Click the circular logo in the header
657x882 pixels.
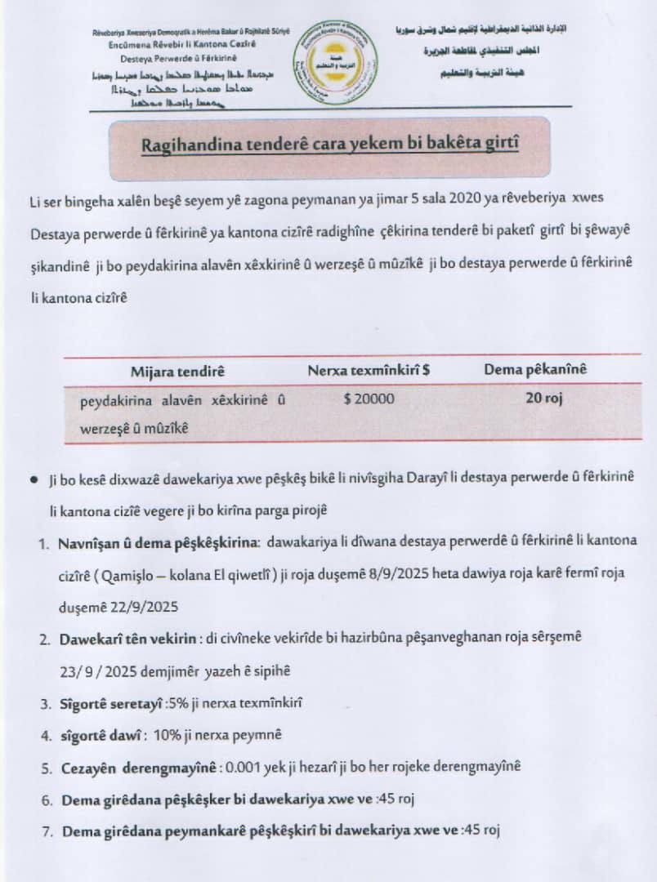point(335,61)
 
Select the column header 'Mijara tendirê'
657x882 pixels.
point(177,371)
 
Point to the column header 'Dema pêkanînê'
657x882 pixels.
point(535,370)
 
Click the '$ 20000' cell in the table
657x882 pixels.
point(369,399)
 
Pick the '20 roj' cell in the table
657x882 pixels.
point(543,399)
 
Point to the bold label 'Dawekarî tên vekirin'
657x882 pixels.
point(127,639)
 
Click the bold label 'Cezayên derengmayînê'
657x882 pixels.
point(139,768)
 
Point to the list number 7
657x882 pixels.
point(47,831)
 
